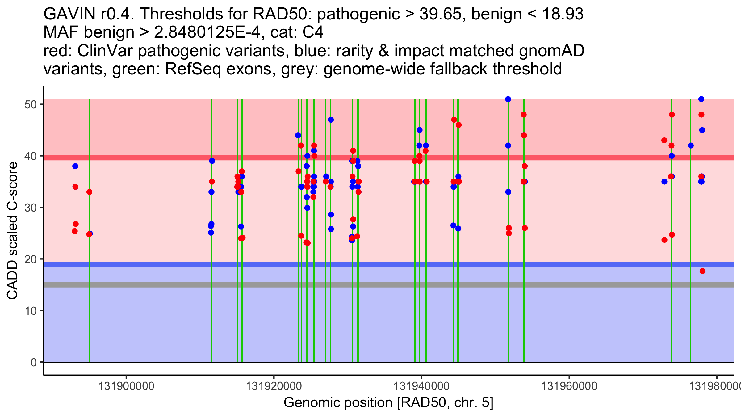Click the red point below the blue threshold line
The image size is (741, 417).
pos(702,271)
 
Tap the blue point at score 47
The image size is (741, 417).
pos(331,120)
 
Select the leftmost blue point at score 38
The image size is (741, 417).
pos(75,166)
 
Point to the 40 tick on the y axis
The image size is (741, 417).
pos(41,156)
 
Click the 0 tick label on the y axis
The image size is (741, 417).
pos(34,362)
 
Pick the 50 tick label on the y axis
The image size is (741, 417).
pos(31,104)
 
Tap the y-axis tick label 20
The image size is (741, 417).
pos(31,259)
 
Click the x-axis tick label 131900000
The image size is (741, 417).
pos(126,386)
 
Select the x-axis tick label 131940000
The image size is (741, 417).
pos(421,386)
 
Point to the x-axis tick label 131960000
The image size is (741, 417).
pos(569,386)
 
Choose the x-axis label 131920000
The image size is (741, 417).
pos(274,386)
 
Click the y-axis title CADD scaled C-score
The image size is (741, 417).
pos(12,231)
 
